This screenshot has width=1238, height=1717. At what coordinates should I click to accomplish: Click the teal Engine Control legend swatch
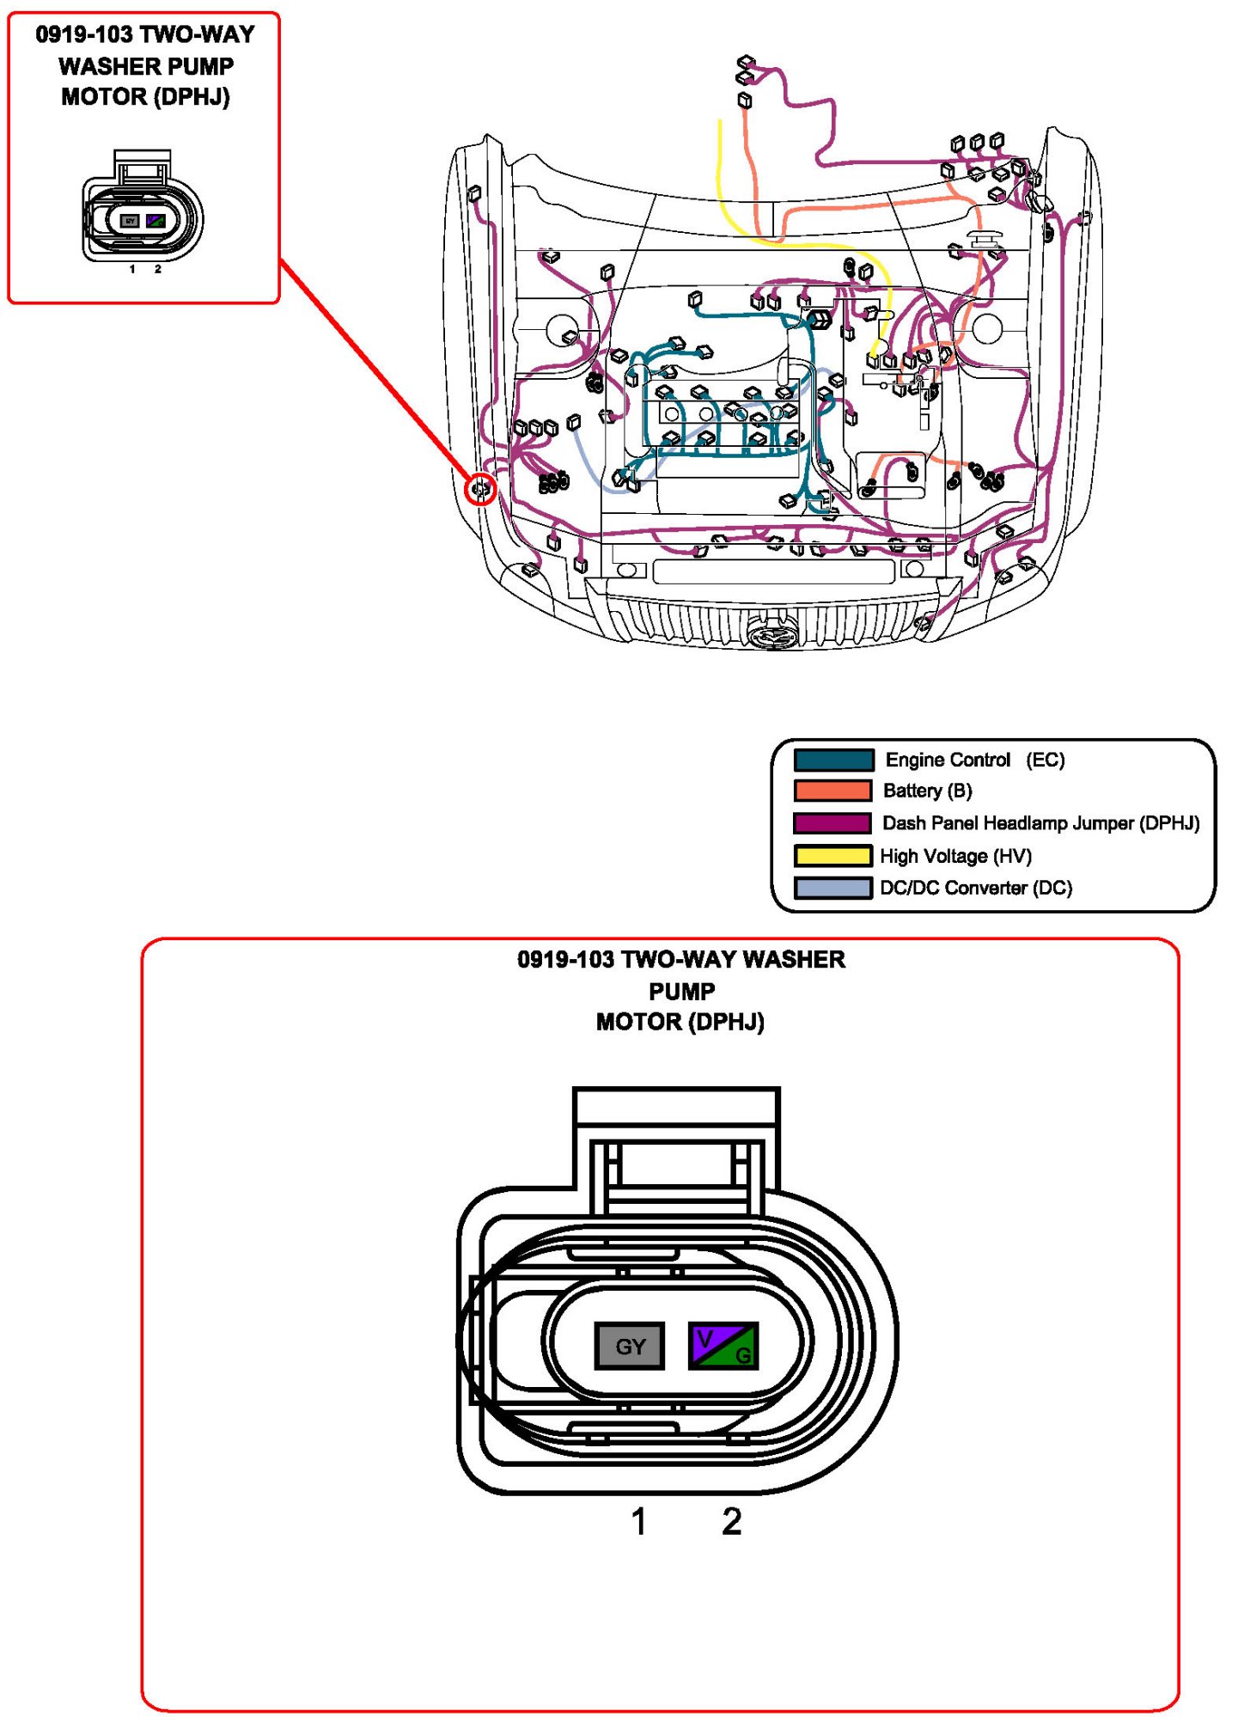pos(832,760)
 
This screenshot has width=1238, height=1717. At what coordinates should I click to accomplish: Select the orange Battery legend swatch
pos(832,791)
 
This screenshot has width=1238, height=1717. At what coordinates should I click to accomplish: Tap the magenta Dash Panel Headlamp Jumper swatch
pos(832,823)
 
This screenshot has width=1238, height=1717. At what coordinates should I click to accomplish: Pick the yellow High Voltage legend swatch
pos(832,856)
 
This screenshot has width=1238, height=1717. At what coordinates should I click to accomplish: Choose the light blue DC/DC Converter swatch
pos(832,888)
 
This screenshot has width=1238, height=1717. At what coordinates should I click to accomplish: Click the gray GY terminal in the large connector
pos(630,1346)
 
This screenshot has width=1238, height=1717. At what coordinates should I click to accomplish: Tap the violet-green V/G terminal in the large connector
pos(723,1346)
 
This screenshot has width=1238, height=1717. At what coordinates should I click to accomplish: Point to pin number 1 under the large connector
pos(638,1522)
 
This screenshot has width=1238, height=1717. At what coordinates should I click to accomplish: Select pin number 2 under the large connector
pos(731,1522)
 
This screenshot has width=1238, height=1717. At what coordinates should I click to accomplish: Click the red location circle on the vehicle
pos(480,489)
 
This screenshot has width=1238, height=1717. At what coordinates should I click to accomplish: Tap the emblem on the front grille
pos(772,636)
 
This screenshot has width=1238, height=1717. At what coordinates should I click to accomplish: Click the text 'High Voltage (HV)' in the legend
pos(955,856)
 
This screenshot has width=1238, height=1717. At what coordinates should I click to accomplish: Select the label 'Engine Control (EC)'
pos(974,760)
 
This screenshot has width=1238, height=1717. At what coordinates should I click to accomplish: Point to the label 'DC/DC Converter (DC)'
pos(976,888)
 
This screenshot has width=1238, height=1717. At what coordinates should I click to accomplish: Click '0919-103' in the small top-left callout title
pos(84,34)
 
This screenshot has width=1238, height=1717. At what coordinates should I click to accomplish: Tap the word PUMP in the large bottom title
pos(681,991)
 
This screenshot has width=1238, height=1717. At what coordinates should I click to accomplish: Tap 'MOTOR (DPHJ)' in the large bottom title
pos(680,1022)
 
